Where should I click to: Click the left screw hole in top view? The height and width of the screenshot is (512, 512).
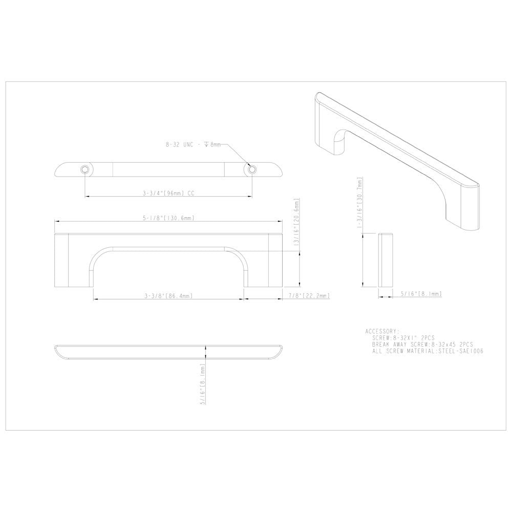click(x=85, y=169)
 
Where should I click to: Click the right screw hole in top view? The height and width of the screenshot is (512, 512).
click(x=251, y=169)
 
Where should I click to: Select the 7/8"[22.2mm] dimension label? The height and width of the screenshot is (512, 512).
click(x=308, y=295)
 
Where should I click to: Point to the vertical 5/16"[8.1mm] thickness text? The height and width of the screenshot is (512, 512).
click(x=203, y=384)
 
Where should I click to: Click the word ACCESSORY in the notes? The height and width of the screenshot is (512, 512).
click(x=382, y=331)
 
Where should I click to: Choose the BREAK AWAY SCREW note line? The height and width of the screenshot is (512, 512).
click(x=423, y=345)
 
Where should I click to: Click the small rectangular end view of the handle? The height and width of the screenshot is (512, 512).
click(x=385, y=260)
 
